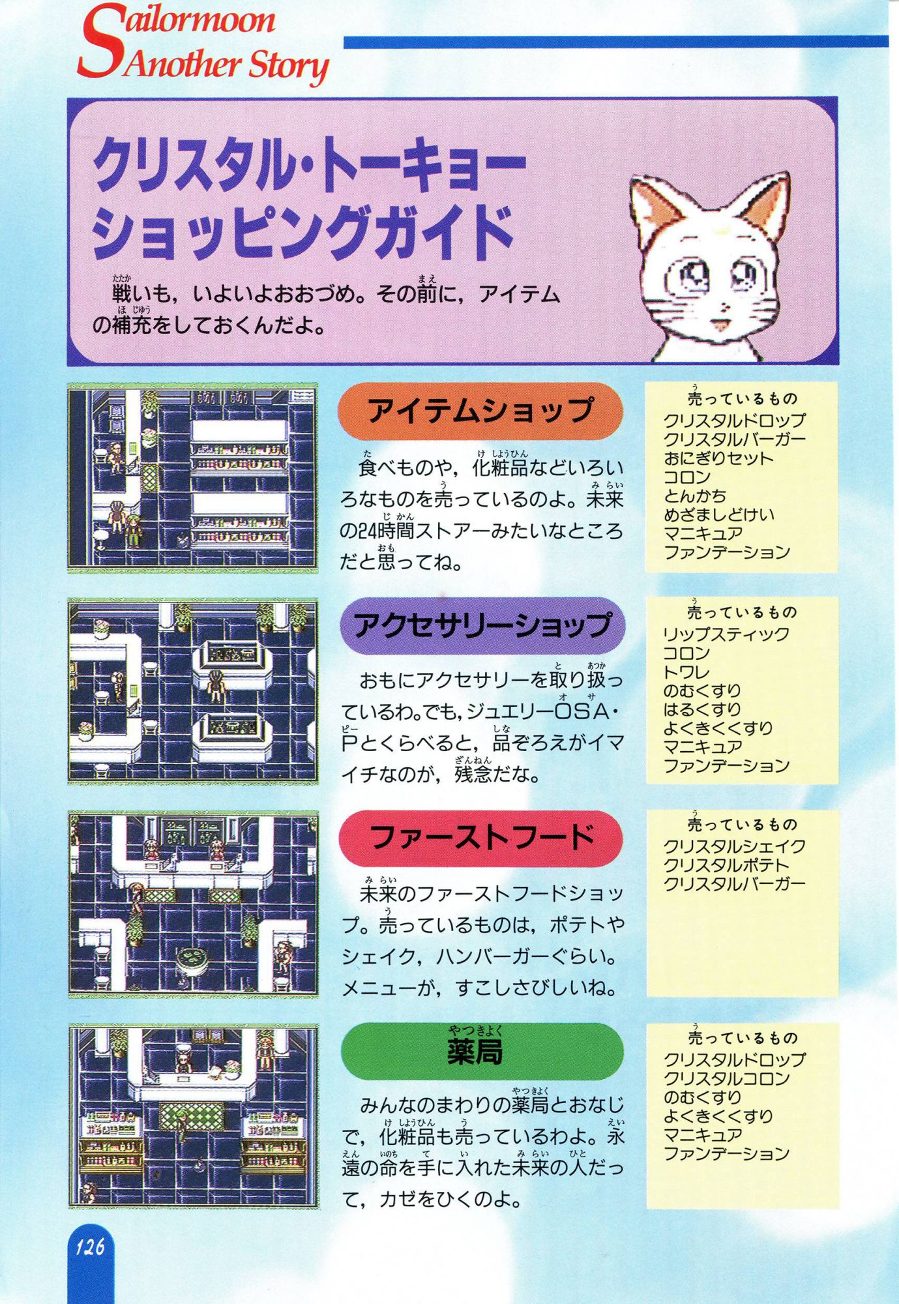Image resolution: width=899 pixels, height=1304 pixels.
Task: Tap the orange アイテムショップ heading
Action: [480, 411]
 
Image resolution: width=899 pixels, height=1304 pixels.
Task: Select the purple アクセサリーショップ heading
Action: [483, 625]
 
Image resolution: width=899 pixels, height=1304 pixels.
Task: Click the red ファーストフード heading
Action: [481, 838]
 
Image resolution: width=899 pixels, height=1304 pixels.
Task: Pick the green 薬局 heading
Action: [482, 1051]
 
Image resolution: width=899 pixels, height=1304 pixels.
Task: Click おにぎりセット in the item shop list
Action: [718, 458]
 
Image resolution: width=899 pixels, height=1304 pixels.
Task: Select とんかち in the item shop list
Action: [695, 496]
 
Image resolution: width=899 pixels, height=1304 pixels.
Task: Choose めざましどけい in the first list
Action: [719, 515]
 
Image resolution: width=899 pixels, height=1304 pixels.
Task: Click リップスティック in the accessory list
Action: [726, 634]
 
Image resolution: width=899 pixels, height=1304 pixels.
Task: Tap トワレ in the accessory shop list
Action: [686, 672]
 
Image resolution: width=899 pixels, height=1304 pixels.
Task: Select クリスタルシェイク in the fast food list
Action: [735, 846]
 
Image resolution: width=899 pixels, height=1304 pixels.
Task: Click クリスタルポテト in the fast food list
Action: [726, 865]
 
